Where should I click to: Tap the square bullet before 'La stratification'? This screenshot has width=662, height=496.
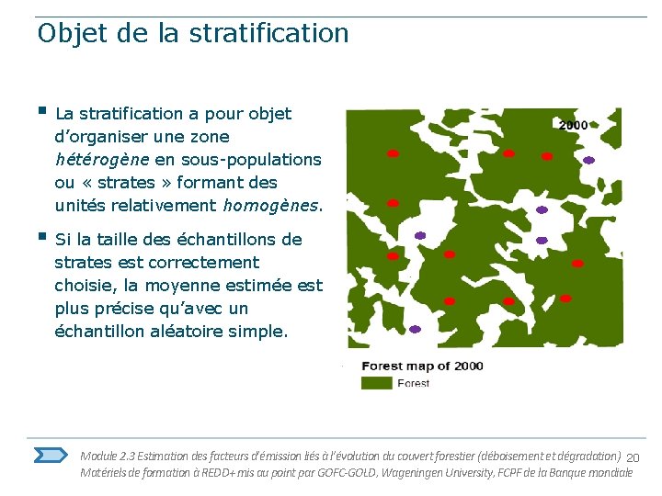[x=41, y=112]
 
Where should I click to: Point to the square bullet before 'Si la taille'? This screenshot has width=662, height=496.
[x=41, y=238]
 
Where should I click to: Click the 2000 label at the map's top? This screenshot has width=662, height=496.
[x=573, y=125]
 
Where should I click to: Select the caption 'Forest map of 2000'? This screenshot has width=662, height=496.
[x=422, y=366]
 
